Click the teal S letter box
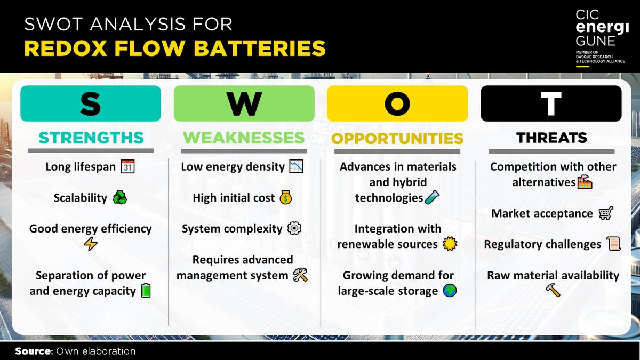(91, 103)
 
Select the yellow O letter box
(397, 103)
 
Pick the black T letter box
(551, 103)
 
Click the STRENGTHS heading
(91, 138)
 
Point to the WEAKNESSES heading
(244, 138)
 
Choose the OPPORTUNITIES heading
(397, 139)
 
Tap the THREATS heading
(551, 138)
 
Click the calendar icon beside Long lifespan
(127, 166)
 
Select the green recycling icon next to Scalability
(119, 198)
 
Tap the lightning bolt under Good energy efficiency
(90, 244)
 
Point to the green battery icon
(146, 291)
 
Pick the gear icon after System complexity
(294, 229)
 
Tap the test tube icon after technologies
(431, 198)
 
